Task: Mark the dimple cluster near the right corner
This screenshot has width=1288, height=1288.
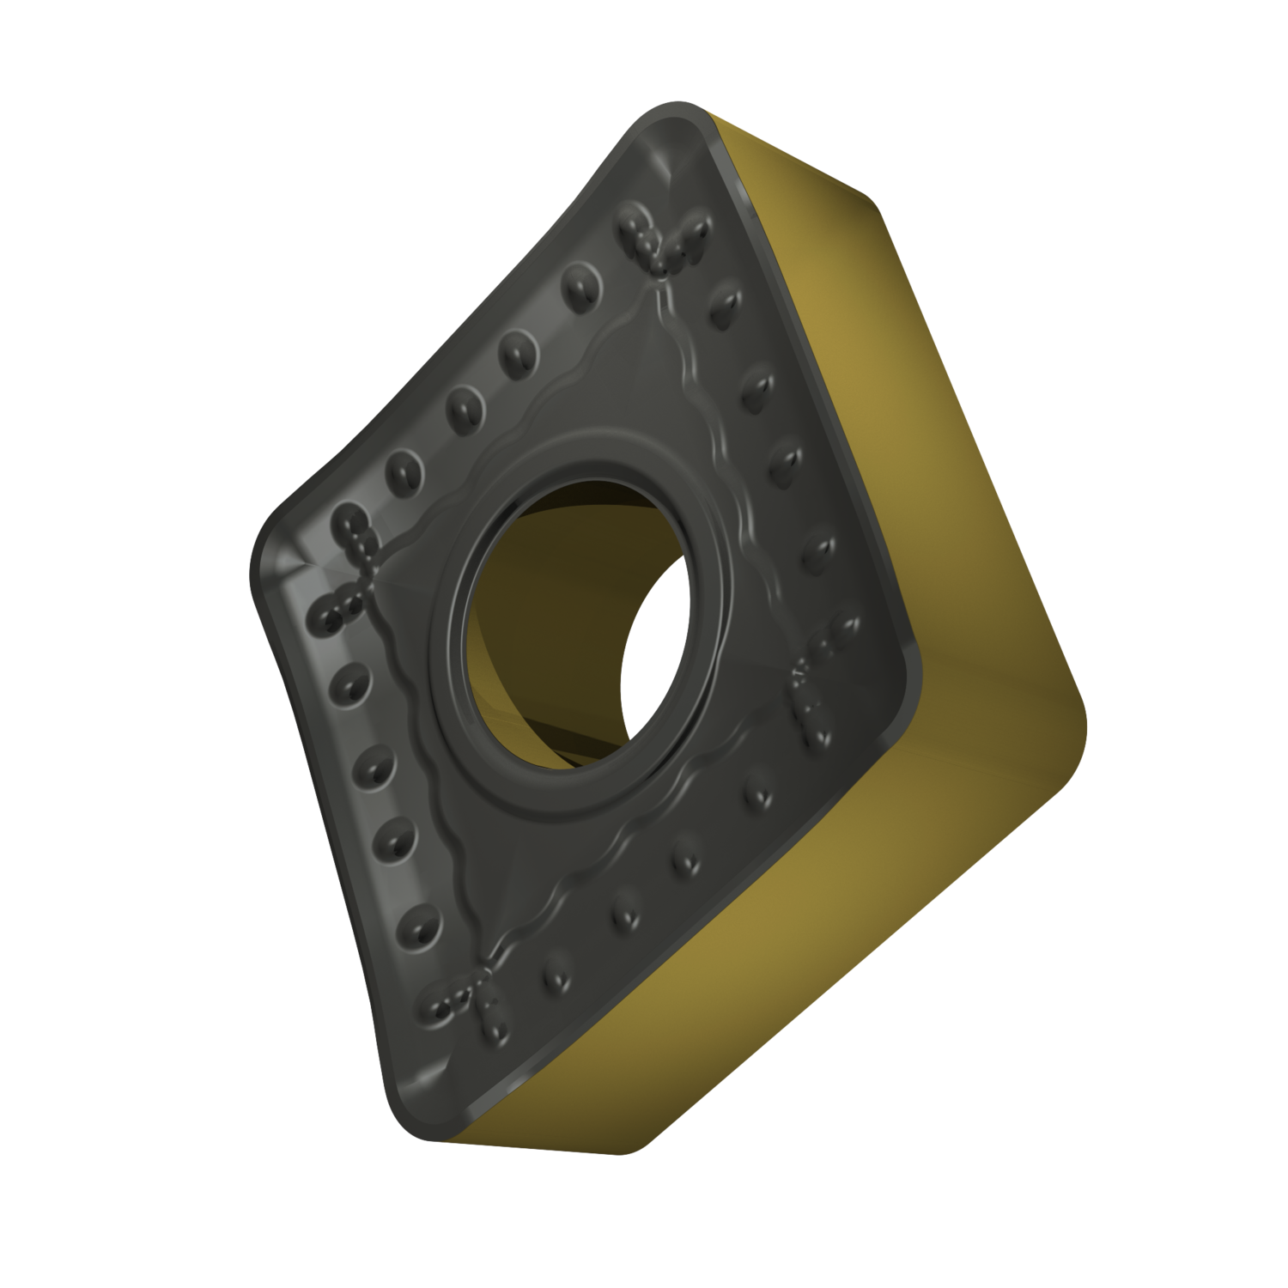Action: click(811, 687)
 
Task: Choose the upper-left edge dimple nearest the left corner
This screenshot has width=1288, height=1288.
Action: click(402, 469)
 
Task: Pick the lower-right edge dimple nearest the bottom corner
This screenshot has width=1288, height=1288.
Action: click(550, 977)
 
